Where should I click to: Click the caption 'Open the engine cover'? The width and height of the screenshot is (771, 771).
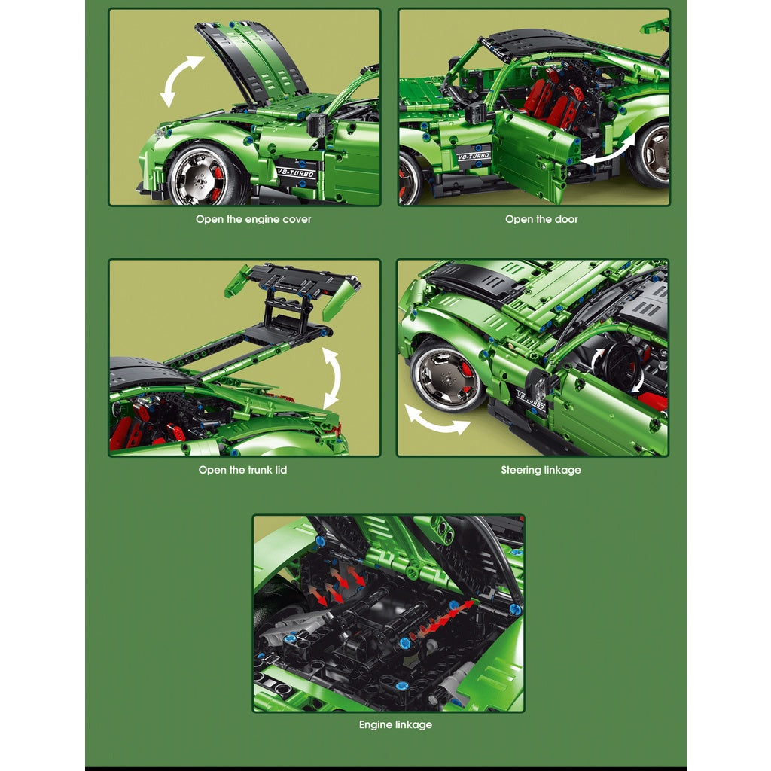[253, 219]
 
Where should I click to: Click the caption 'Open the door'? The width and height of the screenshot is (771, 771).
[541, 219]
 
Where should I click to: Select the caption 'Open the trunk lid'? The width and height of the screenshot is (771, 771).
[242, 470]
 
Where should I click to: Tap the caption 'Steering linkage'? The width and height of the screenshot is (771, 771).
[541, 470]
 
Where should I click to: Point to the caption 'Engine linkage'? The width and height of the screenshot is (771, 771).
[395, 724]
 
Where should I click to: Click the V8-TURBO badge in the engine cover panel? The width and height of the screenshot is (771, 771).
[295, 173]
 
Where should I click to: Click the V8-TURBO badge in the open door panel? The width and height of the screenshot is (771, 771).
[474, 156]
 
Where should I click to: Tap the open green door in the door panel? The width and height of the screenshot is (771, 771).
[535, 154]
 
